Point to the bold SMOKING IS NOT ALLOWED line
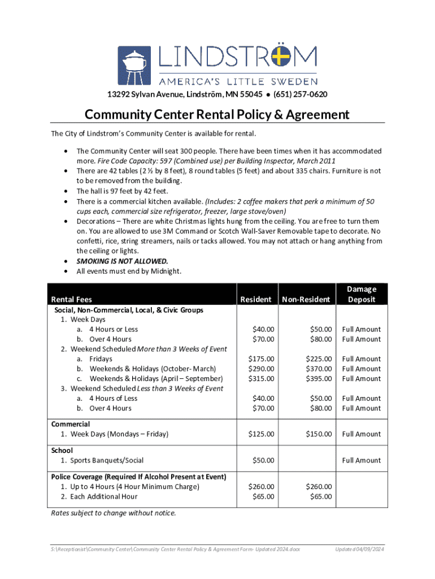[122, 261]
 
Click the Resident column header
[256, 299]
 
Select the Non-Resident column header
[306, 299]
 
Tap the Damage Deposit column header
[362, 294]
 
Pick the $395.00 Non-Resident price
[319, 378]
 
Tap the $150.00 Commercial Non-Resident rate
[319, 434]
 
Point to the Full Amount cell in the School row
[362, 460]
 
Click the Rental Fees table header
[72, 299]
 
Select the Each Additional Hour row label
[103, 496]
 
